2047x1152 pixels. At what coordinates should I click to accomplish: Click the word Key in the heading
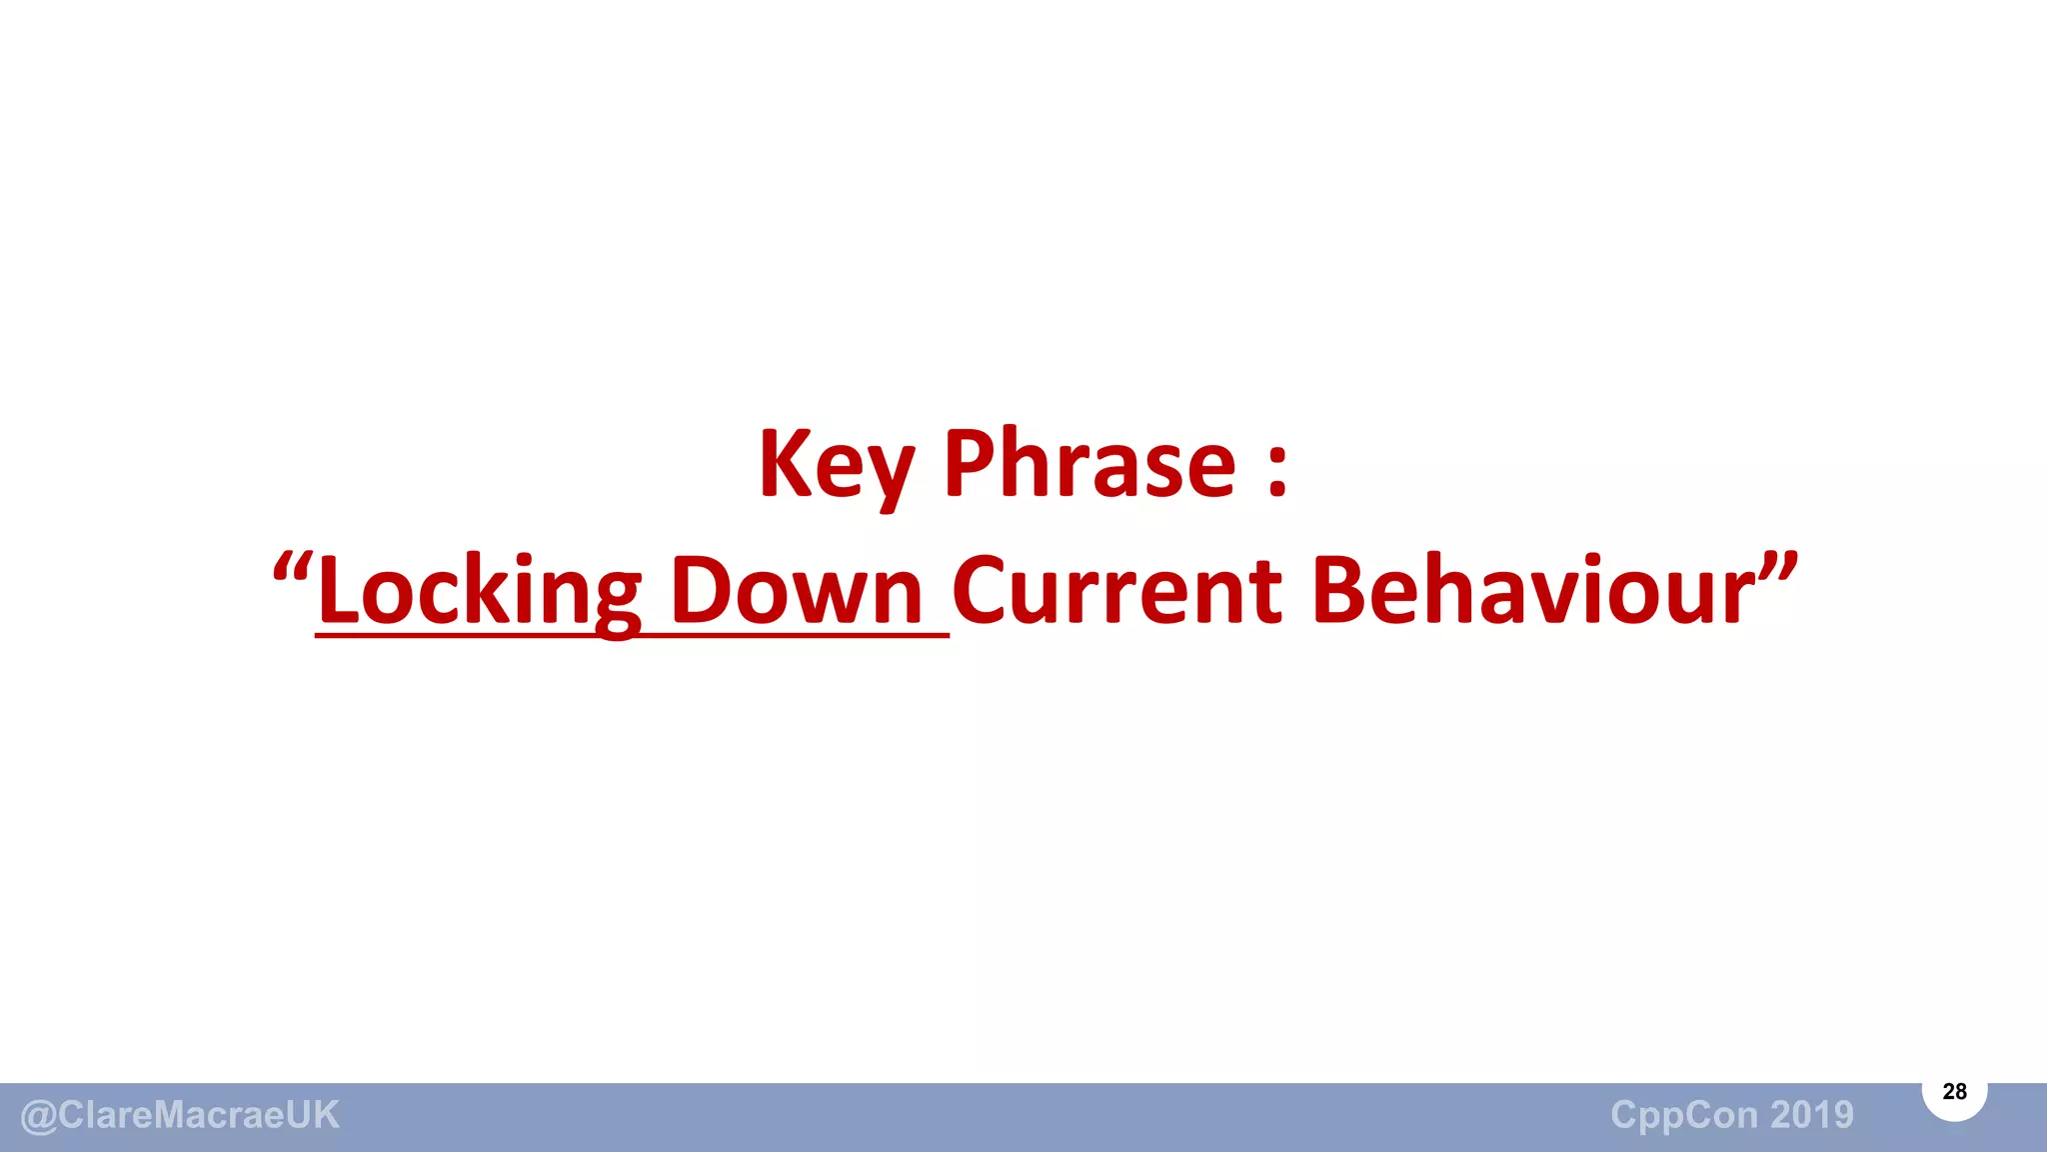[836, 464]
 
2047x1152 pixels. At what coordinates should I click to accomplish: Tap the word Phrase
[1089, 464]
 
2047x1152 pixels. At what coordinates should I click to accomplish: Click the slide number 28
[1954, 1092]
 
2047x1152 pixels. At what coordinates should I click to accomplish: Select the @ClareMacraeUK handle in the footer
[180, 1115]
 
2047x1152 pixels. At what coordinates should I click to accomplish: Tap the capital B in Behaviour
[1342, 590]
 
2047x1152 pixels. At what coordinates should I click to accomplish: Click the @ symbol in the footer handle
[38, 1116]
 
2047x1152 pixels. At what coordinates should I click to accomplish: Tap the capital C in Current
[984, 590]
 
